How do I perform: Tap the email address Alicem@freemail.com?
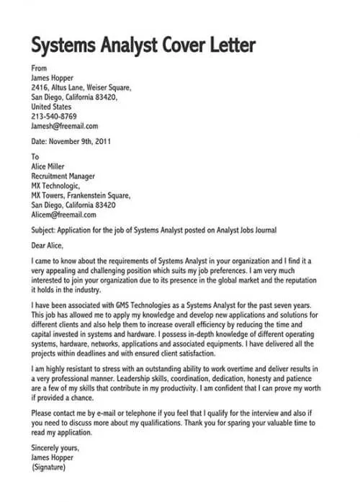pos(63,215)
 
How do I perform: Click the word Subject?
pos(44,230)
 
